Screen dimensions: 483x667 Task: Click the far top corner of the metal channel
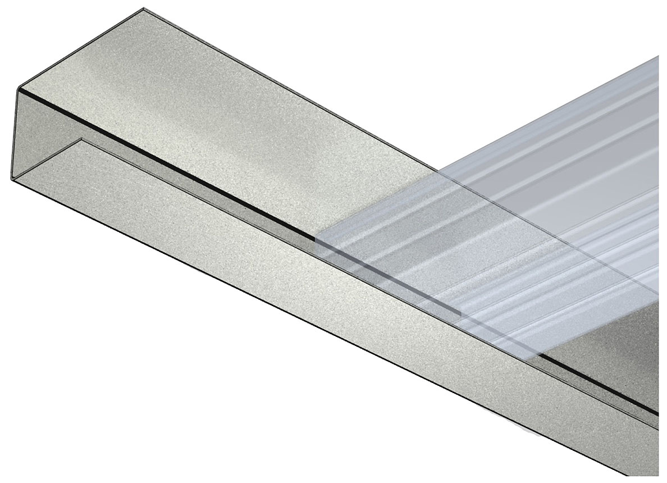tap(144, 8)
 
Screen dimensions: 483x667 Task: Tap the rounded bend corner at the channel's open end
tap(21, 88)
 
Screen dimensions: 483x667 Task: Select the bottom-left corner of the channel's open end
tap(11, 179)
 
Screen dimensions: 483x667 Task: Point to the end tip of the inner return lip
tap(81, 139)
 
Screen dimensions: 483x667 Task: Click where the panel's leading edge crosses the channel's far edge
tap(436, 171)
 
